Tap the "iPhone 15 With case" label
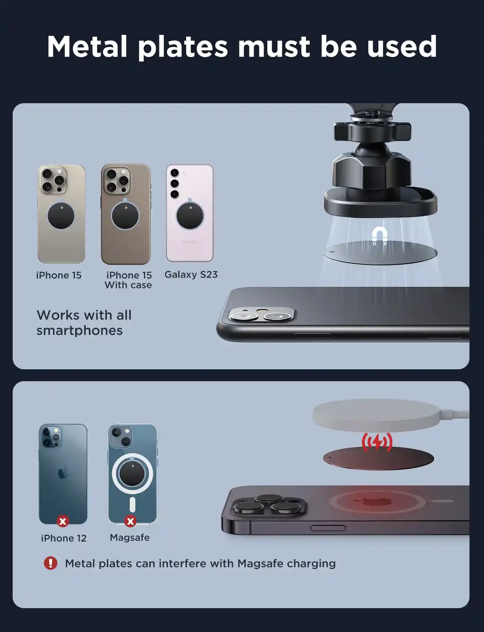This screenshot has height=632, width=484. tap(128, 280)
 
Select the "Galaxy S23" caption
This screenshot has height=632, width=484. tap(191, 275)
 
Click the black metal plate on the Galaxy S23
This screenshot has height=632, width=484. tap(190, 215)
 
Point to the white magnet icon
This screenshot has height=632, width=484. tap(380, 234)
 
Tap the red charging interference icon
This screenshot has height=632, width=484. tap(377, 442)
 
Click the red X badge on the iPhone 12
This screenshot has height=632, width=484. tap(63, 521)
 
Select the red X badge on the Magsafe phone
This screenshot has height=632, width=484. tap(130, 521)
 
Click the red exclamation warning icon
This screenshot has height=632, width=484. tap(51, 563)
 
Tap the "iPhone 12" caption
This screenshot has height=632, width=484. tap(64, 538)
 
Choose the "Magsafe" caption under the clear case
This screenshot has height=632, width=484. tap(130, 538)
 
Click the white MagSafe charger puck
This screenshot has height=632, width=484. tap(383, 414)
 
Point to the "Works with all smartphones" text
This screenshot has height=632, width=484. tap(84, 323)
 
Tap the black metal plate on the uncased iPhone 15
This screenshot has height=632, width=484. tap(61, 216)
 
